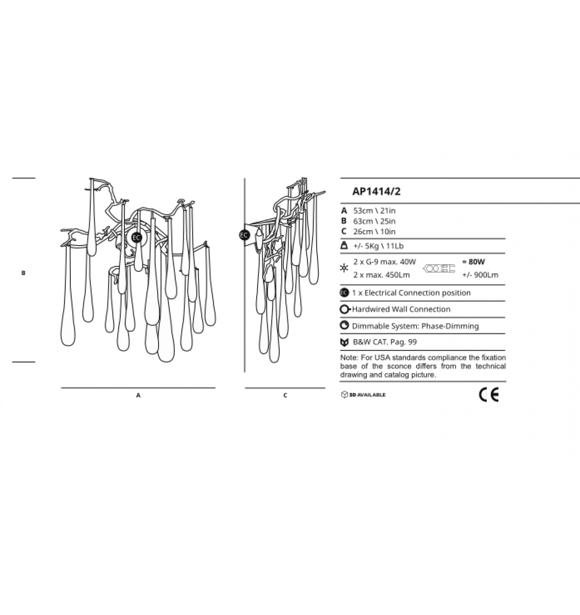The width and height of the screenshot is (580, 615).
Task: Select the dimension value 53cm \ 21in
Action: click(374, 211)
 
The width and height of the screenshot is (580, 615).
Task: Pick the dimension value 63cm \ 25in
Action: click(374, 221)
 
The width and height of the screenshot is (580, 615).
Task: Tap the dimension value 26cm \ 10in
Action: click(374, 232)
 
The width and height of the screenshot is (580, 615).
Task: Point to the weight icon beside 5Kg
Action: click(344, 246)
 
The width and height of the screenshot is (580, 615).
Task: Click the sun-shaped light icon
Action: click(344, 268)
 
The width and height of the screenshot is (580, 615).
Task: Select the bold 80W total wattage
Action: click(474, 262)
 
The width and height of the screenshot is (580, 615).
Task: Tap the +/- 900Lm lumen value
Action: click(480, 275)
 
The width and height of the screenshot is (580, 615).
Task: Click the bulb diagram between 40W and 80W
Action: click(439, 268)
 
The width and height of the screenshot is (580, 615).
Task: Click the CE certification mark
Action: click(489, 395)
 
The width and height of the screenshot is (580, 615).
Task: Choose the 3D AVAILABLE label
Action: click(363, 395)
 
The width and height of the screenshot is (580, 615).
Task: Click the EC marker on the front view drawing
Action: click(136, 237)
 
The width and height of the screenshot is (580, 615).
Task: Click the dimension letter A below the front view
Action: click(138, 396)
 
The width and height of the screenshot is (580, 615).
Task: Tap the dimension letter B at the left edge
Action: click(24, 273)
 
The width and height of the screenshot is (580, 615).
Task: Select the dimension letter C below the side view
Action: click(285, 395)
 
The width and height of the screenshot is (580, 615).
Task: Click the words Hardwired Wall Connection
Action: click(401, 309)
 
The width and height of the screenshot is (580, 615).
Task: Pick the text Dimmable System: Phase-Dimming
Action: click(415, 326)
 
